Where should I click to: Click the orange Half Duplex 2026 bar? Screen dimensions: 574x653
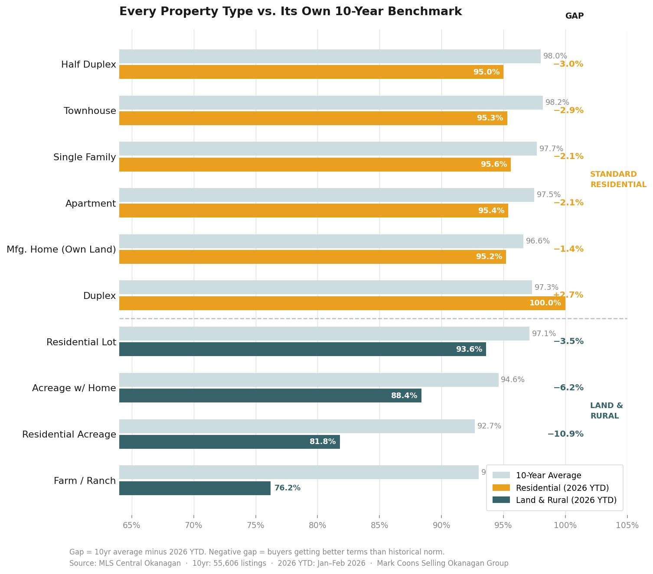311,72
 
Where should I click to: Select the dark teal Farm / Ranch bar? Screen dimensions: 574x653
195,488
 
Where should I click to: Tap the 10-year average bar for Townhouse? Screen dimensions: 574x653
331,103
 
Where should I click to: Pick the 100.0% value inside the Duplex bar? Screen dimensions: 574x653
545,303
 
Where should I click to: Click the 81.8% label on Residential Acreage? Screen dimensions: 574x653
322,442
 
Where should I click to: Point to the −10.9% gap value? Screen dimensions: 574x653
565,434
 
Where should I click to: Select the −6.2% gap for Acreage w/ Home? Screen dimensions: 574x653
568,388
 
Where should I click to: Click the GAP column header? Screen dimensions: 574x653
574,16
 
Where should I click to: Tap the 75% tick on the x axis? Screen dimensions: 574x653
255,525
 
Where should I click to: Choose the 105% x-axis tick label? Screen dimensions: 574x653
627,525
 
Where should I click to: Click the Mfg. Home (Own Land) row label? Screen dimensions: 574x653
61,250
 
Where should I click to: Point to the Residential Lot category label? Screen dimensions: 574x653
81,342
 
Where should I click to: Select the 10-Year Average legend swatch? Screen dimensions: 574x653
501,475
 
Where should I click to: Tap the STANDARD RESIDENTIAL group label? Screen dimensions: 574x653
618,179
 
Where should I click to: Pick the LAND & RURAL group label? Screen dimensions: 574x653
606,411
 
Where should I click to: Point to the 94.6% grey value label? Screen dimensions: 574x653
513,380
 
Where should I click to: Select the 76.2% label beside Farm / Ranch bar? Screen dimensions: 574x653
287,488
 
